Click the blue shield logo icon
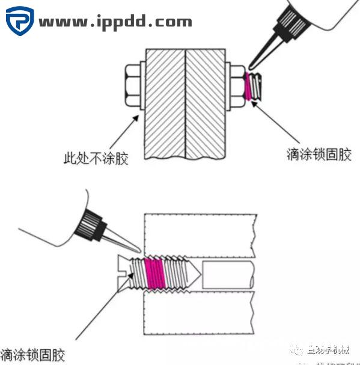pos(19,22)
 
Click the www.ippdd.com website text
pos(115,23)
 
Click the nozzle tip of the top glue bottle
pos(252,64)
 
